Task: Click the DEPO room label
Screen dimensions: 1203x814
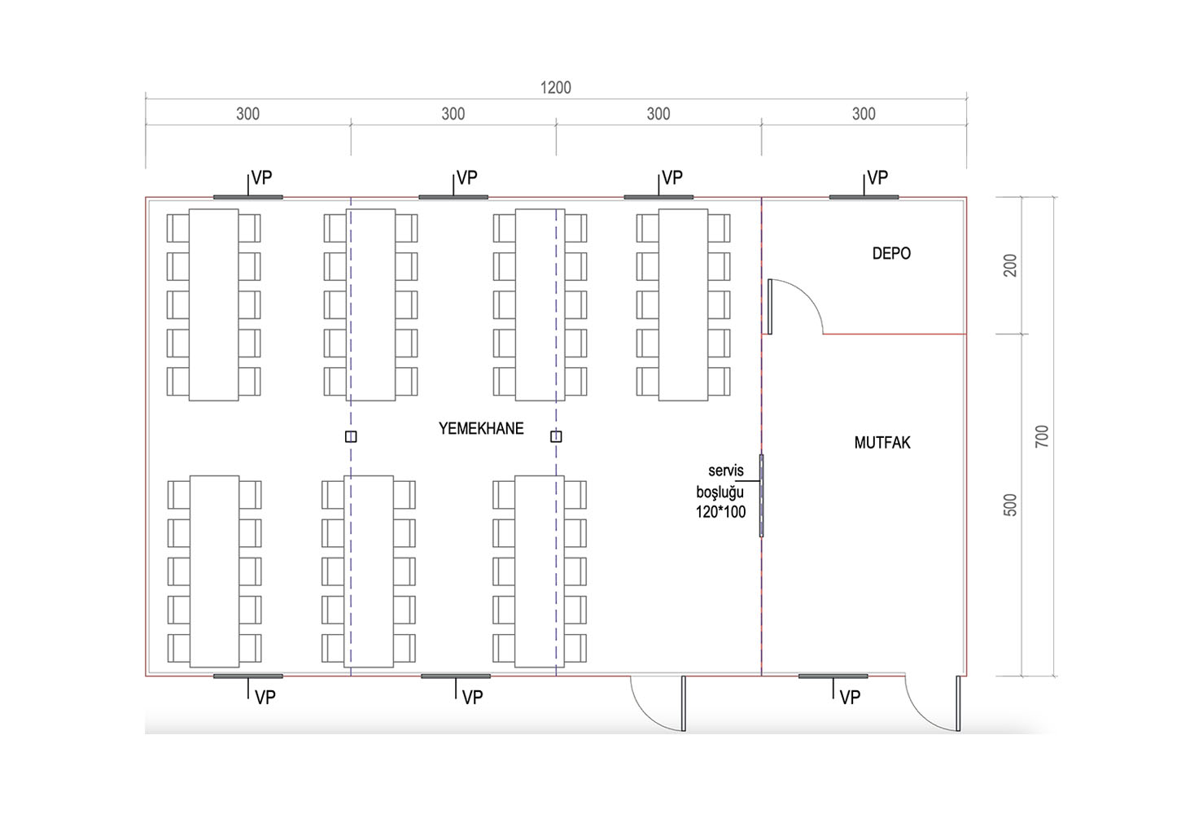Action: [891, 253]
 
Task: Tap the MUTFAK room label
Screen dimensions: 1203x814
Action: [882, 443]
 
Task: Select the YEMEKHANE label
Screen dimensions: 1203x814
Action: [481, 428]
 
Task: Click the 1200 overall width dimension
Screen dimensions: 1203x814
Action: [555, 88]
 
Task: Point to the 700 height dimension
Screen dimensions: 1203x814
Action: [1042, 436]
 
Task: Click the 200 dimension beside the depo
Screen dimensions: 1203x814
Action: [1010, 265]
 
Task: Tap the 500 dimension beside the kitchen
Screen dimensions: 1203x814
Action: [1010, 505]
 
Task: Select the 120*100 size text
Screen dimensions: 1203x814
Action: [720, 512]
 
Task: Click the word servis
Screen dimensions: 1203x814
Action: [726, 470]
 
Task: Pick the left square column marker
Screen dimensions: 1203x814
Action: [351, 436]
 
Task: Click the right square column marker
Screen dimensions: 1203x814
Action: [556, 436]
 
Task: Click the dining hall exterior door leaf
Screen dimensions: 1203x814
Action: [684, 703]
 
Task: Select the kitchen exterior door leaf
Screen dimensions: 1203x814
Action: [958, 703]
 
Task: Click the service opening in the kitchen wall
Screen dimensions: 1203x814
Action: [762, 495]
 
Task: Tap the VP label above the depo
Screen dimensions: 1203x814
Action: [877, 177]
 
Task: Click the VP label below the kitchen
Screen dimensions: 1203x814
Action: [850, 698]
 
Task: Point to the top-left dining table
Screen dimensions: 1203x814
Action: [214, 305]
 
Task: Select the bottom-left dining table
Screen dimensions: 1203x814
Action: [214, 571]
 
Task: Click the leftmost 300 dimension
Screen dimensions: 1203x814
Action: [247, 114]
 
